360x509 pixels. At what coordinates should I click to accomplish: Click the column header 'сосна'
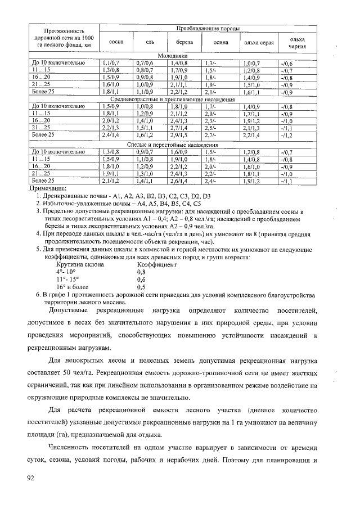(x=116, y=42)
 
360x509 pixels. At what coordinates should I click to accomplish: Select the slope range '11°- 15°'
(x=68, y=278)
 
